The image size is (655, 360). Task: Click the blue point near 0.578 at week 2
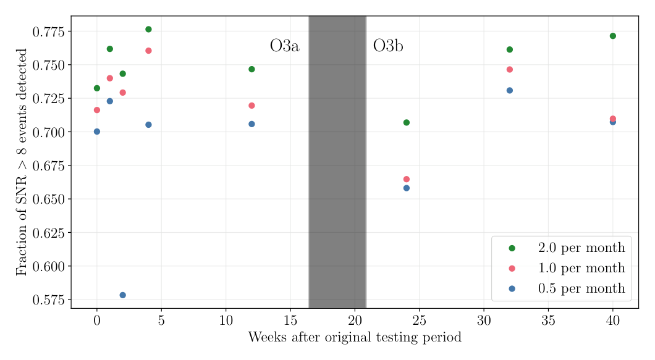pyautogui.click(x=122, y=295)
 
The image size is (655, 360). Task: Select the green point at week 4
pyautogui.click(x=148, y=30)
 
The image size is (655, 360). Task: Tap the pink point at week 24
pyautogui.click(x=407, y=179)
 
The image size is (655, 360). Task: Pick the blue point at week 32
pyautogui.click(x=510, y=91)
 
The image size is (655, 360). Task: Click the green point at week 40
pyautogui.click(x=613, y=36)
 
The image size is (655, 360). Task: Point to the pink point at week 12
pyautogui.click(x=251, y=106)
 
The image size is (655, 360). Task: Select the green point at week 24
pyautogui.click(x=407, y=123)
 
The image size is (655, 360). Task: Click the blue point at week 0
pyautogui.click(x=97, y=132)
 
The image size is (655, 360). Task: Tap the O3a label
pyautogui.click(x=285, y=46)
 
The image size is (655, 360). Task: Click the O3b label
pyautogui.click(x=388, y=46)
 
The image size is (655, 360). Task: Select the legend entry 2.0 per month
pyautogui.click(x=581, y=248)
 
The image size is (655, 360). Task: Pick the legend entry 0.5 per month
pyautogui.click(x=581, y=289)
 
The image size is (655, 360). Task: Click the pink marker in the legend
pyautogui.click(x=512, y=269)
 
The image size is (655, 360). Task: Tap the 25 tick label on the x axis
pyautogui.click(x=419, y=320)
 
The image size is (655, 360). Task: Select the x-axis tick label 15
pyautogui.click(x=290, y=320)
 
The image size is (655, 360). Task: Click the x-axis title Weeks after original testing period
pyautogui.click(x=355, y=338)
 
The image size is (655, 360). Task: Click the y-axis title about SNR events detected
pyautogui.click(x=22, y=162)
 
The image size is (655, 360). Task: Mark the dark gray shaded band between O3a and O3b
pyautogui.click(x=337, y=162)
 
